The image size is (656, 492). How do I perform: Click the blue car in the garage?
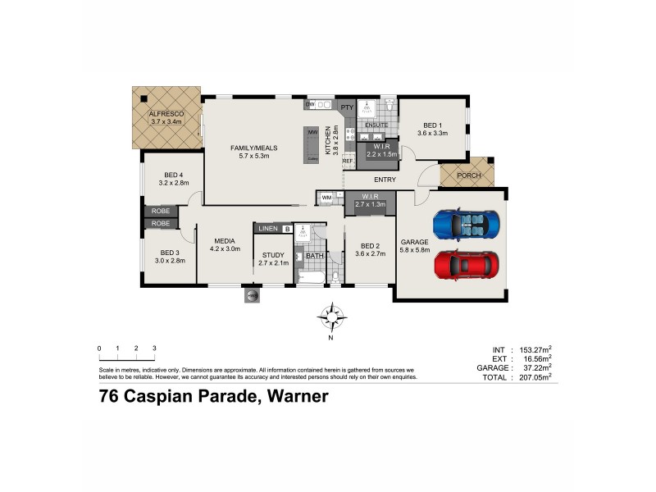point(466,223)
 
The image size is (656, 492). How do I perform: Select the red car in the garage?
point(466,265)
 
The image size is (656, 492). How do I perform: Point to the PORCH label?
point(467,175)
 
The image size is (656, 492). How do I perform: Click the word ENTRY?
point(385,180)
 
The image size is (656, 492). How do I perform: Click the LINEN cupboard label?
point(268,229)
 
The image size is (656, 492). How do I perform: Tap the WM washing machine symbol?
point(326,198)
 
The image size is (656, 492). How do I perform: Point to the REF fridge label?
point(348,161)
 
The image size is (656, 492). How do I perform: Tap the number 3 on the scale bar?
point(154,348)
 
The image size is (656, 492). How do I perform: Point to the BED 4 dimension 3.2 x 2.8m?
point(173,184)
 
